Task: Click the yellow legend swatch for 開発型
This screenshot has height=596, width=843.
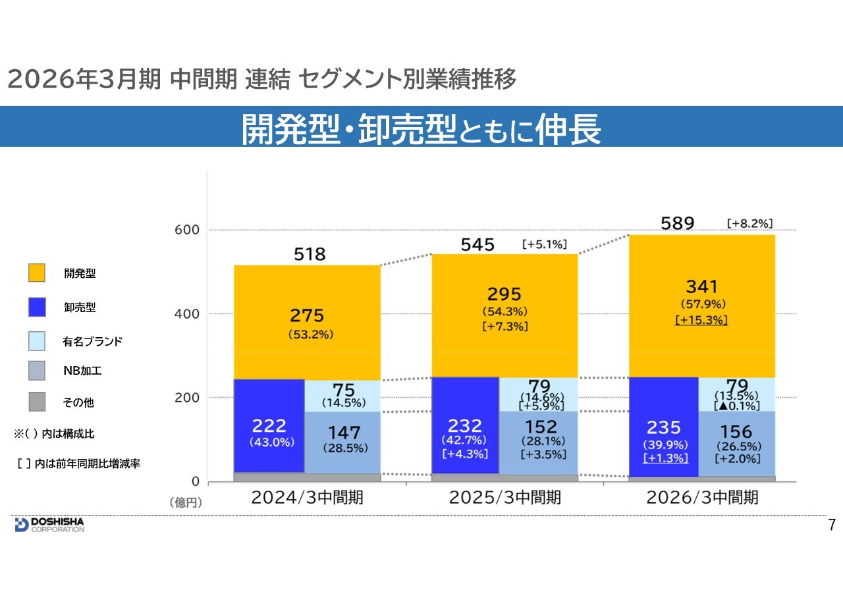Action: pyautogui.click(x=37, y=273)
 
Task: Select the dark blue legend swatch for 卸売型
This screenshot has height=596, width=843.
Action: pyautogui.click(x=37, y=307)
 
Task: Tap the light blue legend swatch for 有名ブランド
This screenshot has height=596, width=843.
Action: pyautogui.click(x=37, y=341)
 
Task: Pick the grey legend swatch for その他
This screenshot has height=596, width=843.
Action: pyautogui.click(x=37, y=402)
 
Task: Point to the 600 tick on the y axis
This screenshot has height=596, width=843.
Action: pyautogui.click(x=186, y=230)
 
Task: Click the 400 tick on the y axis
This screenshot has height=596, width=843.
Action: pyautogui.click(x=186, y=313)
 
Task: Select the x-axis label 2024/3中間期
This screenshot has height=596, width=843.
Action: pyautogui.click(x=307, y=497)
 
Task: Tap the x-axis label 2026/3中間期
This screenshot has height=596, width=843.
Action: pyautogui.click(x=702, y=497)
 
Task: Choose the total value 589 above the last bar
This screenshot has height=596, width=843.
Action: pyautogui.click(x=678, y=223)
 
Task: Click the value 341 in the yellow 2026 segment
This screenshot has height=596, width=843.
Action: pyautogui.click(x=701, y=286)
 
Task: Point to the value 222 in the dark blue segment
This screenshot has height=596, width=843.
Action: pyautogui.click(x=269, y=425)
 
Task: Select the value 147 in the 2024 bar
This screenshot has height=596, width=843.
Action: pyautogui.click(x=345, y=432)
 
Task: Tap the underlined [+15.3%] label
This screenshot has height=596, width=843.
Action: pyautogui.click(x=701, y=320)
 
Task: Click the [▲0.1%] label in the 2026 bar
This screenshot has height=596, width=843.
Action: pyautogui.click(x=736, y=406)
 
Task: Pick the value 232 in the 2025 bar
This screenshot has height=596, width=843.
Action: pyautogui.click(x=466, y=425)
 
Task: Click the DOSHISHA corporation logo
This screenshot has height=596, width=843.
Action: pyautogui.click(x=49, y=524)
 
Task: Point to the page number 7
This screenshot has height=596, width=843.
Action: pyautogui.click(x=831, y=525)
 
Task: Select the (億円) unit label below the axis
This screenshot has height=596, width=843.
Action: pyautogui.click(x=186, y=502)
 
